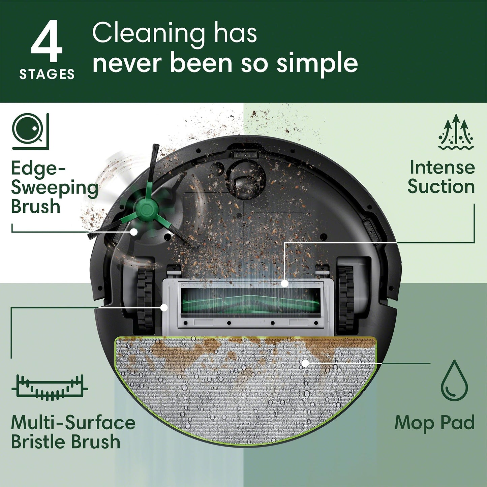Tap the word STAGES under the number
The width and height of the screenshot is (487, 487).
(x=47, y=74)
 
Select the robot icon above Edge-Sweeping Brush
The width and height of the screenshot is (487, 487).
(x=30, y=131)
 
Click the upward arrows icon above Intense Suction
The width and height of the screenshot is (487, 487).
(x=456, y=132)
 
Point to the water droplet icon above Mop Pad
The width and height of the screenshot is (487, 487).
(x=455, y=381)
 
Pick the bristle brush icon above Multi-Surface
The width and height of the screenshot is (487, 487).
(x=50, y=388)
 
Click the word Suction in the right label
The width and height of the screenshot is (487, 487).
(x=441, y=186)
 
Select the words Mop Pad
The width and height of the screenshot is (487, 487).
(x=434, y=423)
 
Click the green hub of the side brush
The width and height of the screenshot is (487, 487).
(x=145, y=209)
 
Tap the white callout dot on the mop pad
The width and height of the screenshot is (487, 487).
(x=305, y=363)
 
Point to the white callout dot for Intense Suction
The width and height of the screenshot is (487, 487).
(x=285, y=283)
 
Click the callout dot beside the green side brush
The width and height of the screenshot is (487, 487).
(x=134, y=232)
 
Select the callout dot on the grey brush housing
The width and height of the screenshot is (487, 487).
(x=164, y=307)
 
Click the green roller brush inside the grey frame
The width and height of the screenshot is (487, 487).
(x=250, y=302)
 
